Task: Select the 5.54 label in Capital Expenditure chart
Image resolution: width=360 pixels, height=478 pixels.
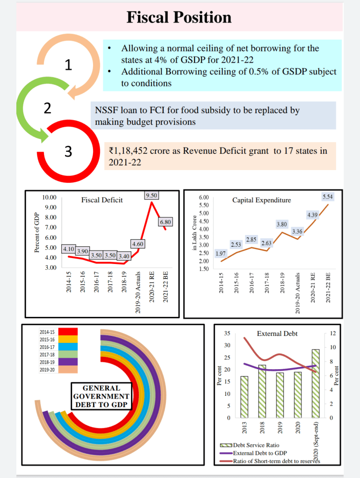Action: coord(327,197)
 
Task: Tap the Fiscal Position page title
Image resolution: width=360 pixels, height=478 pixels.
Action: coord(179,17)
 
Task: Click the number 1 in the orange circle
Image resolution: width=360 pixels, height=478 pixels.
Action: coord(68,65)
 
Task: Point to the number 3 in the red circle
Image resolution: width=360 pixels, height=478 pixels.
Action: coord(68,151)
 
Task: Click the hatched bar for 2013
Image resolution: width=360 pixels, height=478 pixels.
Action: coord(245,397)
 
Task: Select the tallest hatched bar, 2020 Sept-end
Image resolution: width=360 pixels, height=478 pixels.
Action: coord(316,383)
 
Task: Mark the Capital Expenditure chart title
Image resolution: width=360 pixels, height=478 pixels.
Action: coord(261,200)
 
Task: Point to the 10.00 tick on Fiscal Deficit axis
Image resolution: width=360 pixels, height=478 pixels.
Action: coord(49,197)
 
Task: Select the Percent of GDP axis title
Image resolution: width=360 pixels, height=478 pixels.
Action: coord(37,232)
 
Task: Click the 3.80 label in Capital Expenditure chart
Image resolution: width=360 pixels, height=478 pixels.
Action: coord(281,224)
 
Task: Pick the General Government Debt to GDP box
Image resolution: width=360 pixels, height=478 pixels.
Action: coord(101,396)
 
